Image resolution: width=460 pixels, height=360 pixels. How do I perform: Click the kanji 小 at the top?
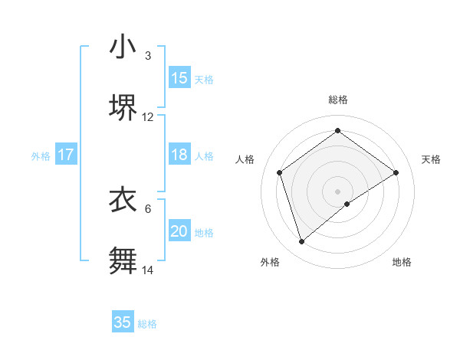(x=123, y=47)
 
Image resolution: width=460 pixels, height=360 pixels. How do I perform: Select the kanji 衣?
(x=123, y=200)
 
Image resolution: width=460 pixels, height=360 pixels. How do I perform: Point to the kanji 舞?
(x=123, y=260)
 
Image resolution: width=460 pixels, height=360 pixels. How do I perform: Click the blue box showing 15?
(x=179, y=77)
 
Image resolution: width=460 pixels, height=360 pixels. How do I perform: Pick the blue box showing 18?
(x=179, y=155)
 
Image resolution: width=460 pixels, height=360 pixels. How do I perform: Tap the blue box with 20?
(x=179, y=231)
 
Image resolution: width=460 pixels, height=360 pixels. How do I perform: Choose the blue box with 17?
(x=66, y=155)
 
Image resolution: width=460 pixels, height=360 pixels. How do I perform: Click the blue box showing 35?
(x=123, y=322)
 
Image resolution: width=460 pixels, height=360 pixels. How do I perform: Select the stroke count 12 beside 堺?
(x=148, y=117)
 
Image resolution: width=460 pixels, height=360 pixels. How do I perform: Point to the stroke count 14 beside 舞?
(x=148, y=270)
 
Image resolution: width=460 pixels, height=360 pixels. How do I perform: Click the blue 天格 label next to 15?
(x=204, y=79)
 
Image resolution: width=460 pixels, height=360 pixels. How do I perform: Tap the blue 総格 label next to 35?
(x=147, y=324)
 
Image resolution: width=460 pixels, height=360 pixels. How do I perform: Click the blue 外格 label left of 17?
(x=41, y=155)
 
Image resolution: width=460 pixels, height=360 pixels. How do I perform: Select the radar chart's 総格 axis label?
(x=338, y=100)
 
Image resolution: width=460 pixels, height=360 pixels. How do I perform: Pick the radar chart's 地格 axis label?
(x=402, y=262)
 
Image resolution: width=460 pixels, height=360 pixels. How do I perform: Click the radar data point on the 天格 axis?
(x=396, y=172)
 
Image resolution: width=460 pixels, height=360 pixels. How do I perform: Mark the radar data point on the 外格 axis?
(x=302, y=242)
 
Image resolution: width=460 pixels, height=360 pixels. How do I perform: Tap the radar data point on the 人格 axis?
(x=280, y=172)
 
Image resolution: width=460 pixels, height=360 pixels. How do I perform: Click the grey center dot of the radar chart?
(x=338, y=191)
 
